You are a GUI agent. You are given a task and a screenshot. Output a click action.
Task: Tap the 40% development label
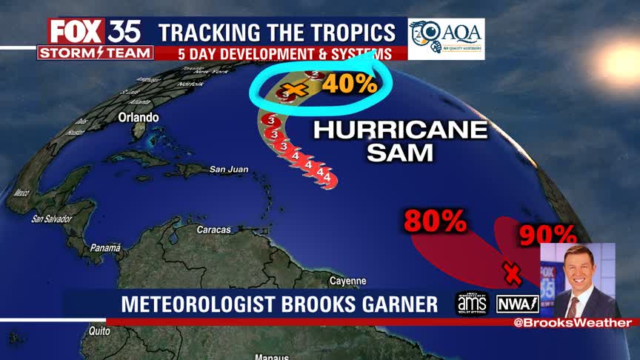coord(350,84)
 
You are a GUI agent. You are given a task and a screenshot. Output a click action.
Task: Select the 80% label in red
coord(435,220)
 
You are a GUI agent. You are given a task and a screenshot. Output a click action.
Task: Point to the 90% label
coord(547,236)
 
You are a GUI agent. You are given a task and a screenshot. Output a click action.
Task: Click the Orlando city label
coord(138,118)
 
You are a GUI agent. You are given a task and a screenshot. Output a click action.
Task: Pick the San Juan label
coord(227,170)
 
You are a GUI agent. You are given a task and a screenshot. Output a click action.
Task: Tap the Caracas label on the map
coord(214,230)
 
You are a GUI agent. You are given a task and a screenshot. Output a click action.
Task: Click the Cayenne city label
coord(347,281)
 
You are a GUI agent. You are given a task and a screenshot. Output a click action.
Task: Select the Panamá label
coord(105,248)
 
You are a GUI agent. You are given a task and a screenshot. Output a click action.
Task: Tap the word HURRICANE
coord(401,130)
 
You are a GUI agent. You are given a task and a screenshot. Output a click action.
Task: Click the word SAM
coord(401,153)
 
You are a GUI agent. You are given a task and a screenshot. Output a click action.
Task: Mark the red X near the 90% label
coord(510,273)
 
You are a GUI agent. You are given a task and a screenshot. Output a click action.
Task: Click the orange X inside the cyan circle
coord(295,90)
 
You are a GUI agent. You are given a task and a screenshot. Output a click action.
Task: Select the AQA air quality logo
coord(446,38)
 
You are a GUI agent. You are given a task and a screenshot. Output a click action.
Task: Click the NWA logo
coord(517,304)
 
